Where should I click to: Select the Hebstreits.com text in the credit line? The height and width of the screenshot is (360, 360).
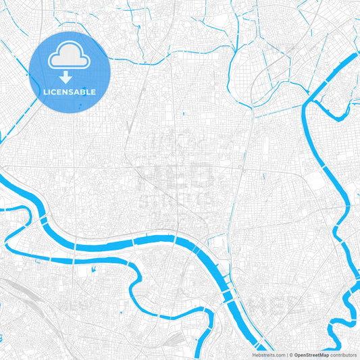click(x=267, y=355)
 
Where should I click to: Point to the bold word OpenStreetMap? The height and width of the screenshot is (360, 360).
click(x=311, y=355)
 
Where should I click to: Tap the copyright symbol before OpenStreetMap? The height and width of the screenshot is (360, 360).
click(x=290, y=355)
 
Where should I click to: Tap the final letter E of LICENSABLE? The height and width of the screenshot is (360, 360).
click(x=94, y=91)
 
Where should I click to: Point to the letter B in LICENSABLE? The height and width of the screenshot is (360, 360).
click(x=83, y=91)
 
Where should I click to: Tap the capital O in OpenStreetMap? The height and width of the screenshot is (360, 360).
click(x=297, y=355)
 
